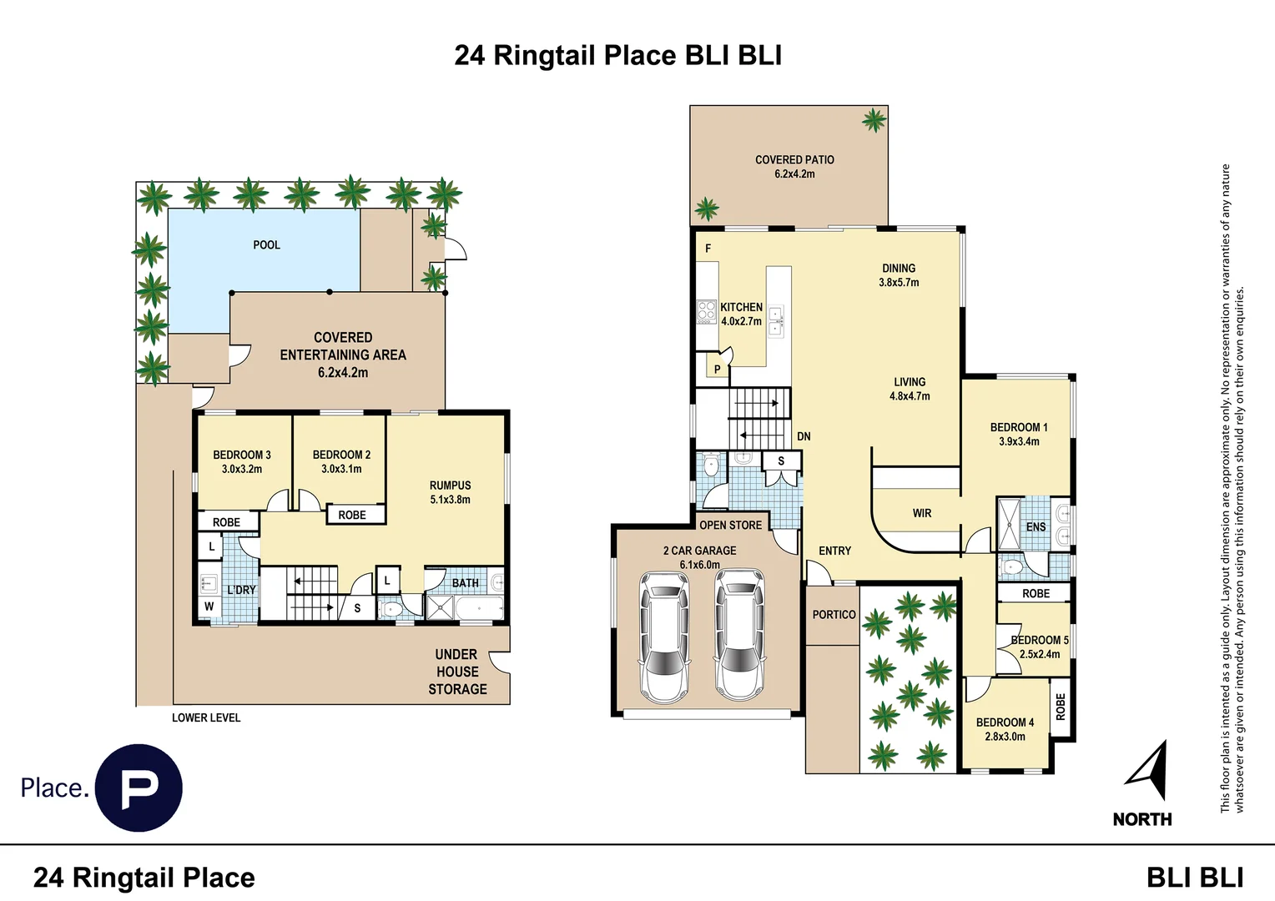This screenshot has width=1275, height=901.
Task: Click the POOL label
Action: (266, 244)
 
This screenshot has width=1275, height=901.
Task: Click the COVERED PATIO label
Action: (794, 160)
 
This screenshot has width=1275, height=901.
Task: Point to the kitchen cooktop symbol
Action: (707, 313)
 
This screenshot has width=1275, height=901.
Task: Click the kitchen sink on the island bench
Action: (776, 321)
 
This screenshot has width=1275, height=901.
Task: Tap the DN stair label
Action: (804, 436)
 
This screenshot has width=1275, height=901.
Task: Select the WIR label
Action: (922, 513)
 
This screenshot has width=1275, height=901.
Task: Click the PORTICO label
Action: (834, 615)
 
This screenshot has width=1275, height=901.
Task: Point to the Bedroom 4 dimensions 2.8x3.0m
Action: (1005, 737)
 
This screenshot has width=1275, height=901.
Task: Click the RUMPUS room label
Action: (451, 486)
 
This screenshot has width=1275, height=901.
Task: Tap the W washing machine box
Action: (209, 607)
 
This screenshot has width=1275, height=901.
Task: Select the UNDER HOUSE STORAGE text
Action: (457, 672)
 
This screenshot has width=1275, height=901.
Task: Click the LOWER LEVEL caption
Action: (206, 717)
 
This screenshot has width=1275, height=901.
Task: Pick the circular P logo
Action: (139, 788)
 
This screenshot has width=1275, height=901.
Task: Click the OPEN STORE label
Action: (730, 526)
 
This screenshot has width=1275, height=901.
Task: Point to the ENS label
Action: (1036, 527)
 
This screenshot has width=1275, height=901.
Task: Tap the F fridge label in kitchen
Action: (708, 248)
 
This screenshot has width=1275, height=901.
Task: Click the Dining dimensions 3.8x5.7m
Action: (899, 282)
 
